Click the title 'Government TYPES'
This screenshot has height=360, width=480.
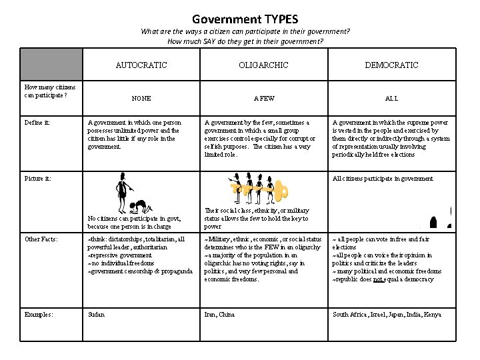245,19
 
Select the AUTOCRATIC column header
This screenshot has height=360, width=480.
141,65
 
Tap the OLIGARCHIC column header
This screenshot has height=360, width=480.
264,65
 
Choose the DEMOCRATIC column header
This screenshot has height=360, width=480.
391,65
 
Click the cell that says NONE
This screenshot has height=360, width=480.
141,98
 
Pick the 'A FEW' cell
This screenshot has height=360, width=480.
264,98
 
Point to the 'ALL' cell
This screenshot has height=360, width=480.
391,98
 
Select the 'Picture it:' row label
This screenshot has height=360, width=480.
37,179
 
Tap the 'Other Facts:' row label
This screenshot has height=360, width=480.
41,239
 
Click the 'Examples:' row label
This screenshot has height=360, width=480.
37,314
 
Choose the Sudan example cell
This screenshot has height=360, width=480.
96,314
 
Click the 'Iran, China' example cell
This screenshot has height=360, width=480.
219,314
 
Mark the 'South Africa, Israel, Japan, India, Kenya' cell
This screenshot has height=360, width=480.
387,314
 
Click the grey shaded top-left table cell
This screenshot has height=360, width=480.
51,64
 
